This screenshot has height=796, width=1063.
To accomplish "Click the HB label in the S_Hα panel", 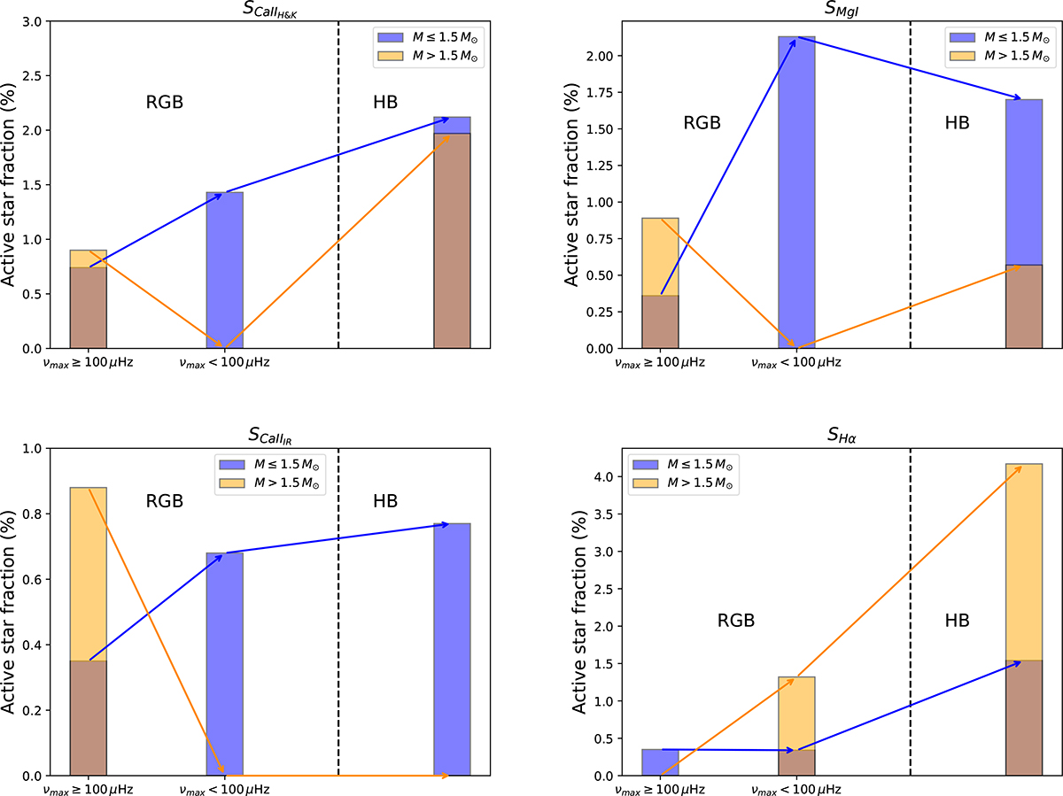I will [x=957, y=622].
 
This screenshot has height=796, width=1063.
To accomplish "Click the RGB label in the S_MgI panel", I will [x=702, y=123].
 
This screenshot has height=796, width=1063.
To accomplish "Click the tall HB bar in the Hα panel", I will [x=1024, y=620].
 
